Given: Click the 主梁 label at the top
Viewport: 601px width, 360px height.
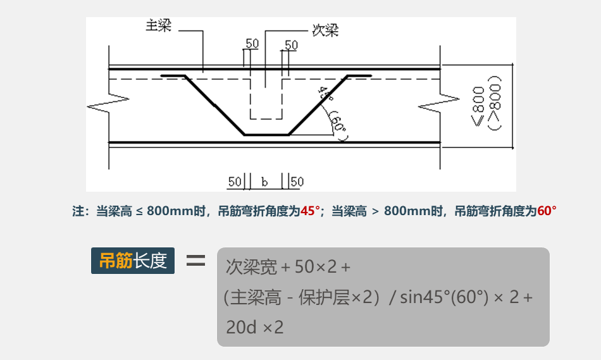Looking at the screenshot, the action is tap(158, 26).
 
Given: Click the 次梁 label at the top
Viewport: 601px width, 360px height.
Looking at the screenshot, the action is tap(325, 30).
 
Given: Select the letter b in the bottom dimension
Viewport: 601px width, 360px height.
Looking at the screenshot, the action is tap(264, 182).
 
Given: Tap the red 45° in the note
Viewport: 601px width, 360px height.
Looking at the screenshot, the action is tap(311, 211).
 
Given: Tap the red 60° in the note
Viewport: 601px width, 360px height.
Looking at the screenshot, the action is tap(547, 211).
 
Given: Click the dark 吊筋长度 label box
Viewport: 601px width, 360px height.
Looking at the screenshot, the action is tap(133, 260).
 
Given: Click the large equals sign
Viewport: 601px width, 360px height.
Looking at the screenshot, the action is tap(195, 260).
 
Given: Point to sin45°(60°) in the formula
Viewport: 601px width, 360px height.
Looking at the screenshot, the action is tap(445, 297).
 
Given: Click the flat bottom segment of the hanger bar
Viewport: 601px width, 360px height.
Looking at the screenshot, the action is tap(266, 134).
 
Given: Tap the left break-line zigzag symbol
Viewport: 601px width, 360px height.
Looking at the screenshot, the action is tap(108, 104).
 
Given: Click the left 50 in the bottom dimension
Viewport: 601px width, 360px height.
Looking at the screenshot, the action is tap(235, 182).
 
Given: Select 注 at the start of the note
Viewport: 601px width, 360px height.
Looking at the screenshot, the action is tap(78, 211).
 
